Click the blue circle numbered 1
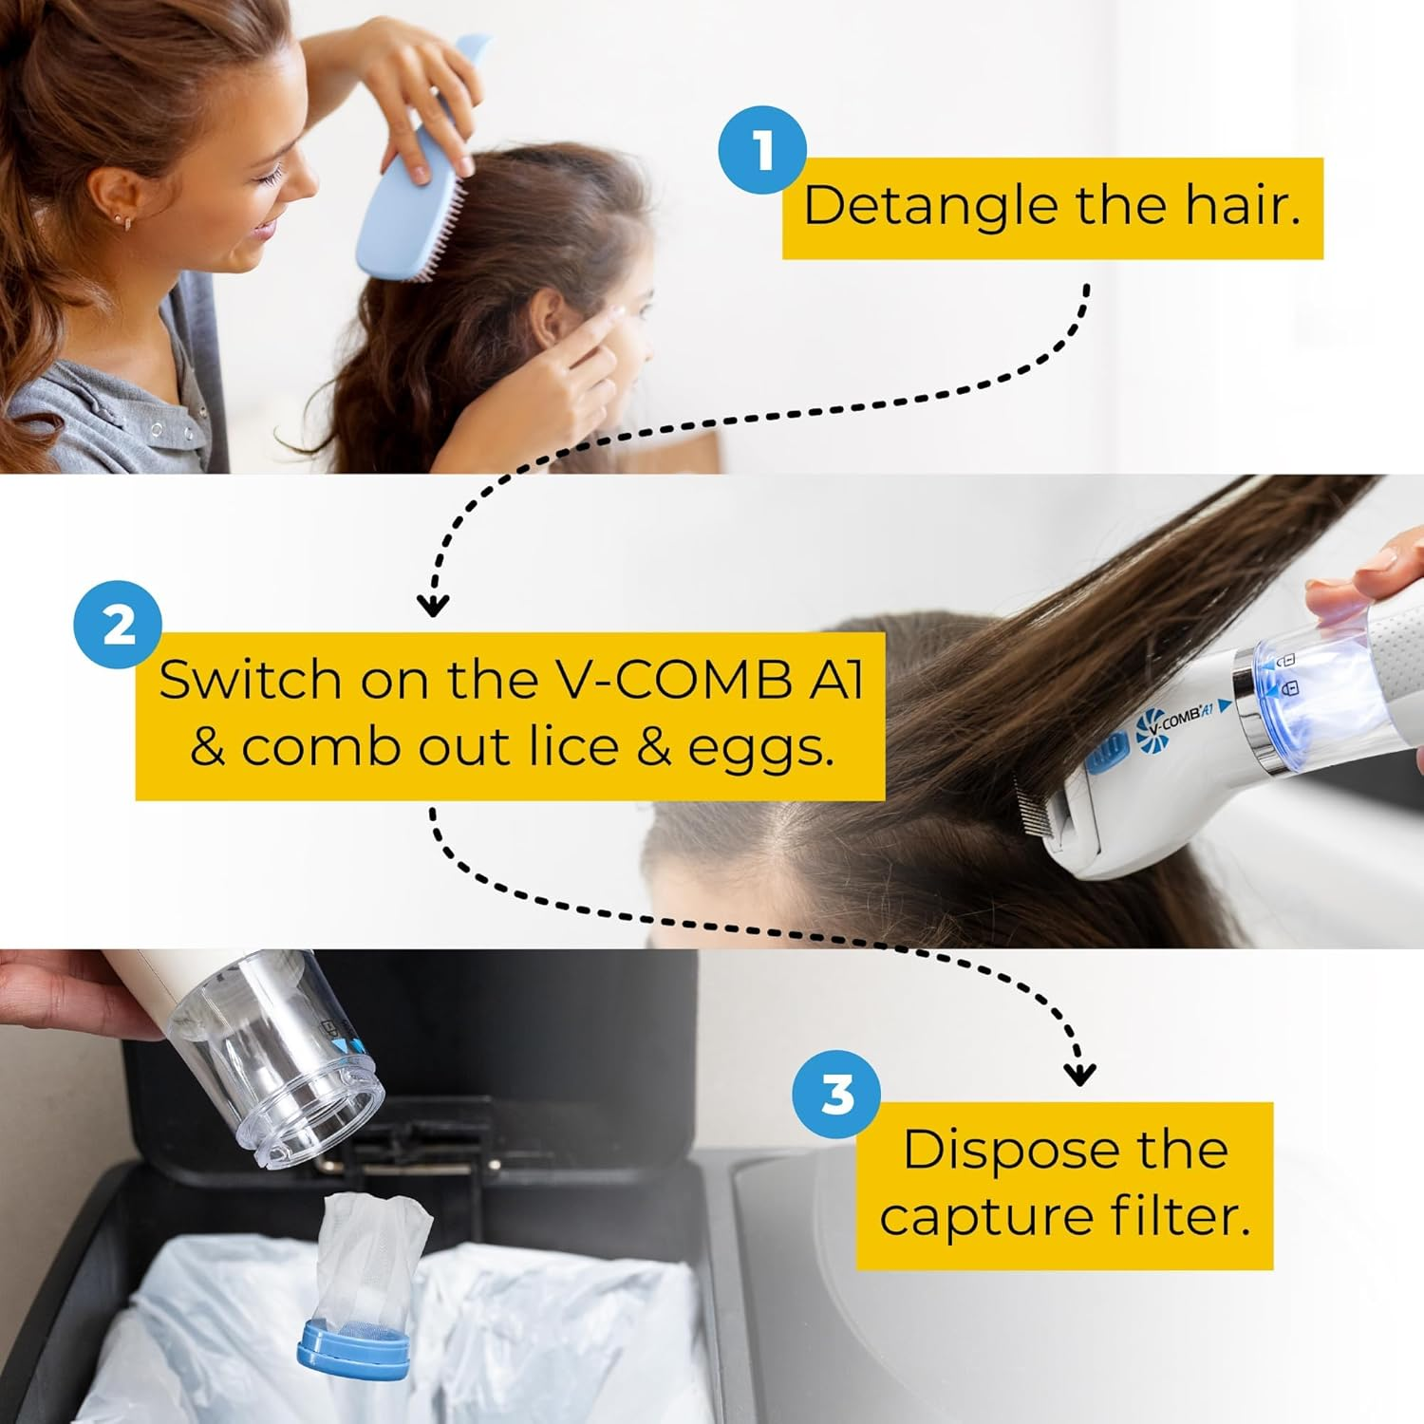[x=762, y=151]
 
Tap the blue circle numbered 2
[x=119, y=627]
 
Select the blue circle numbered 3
[x=836, y=1095]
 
